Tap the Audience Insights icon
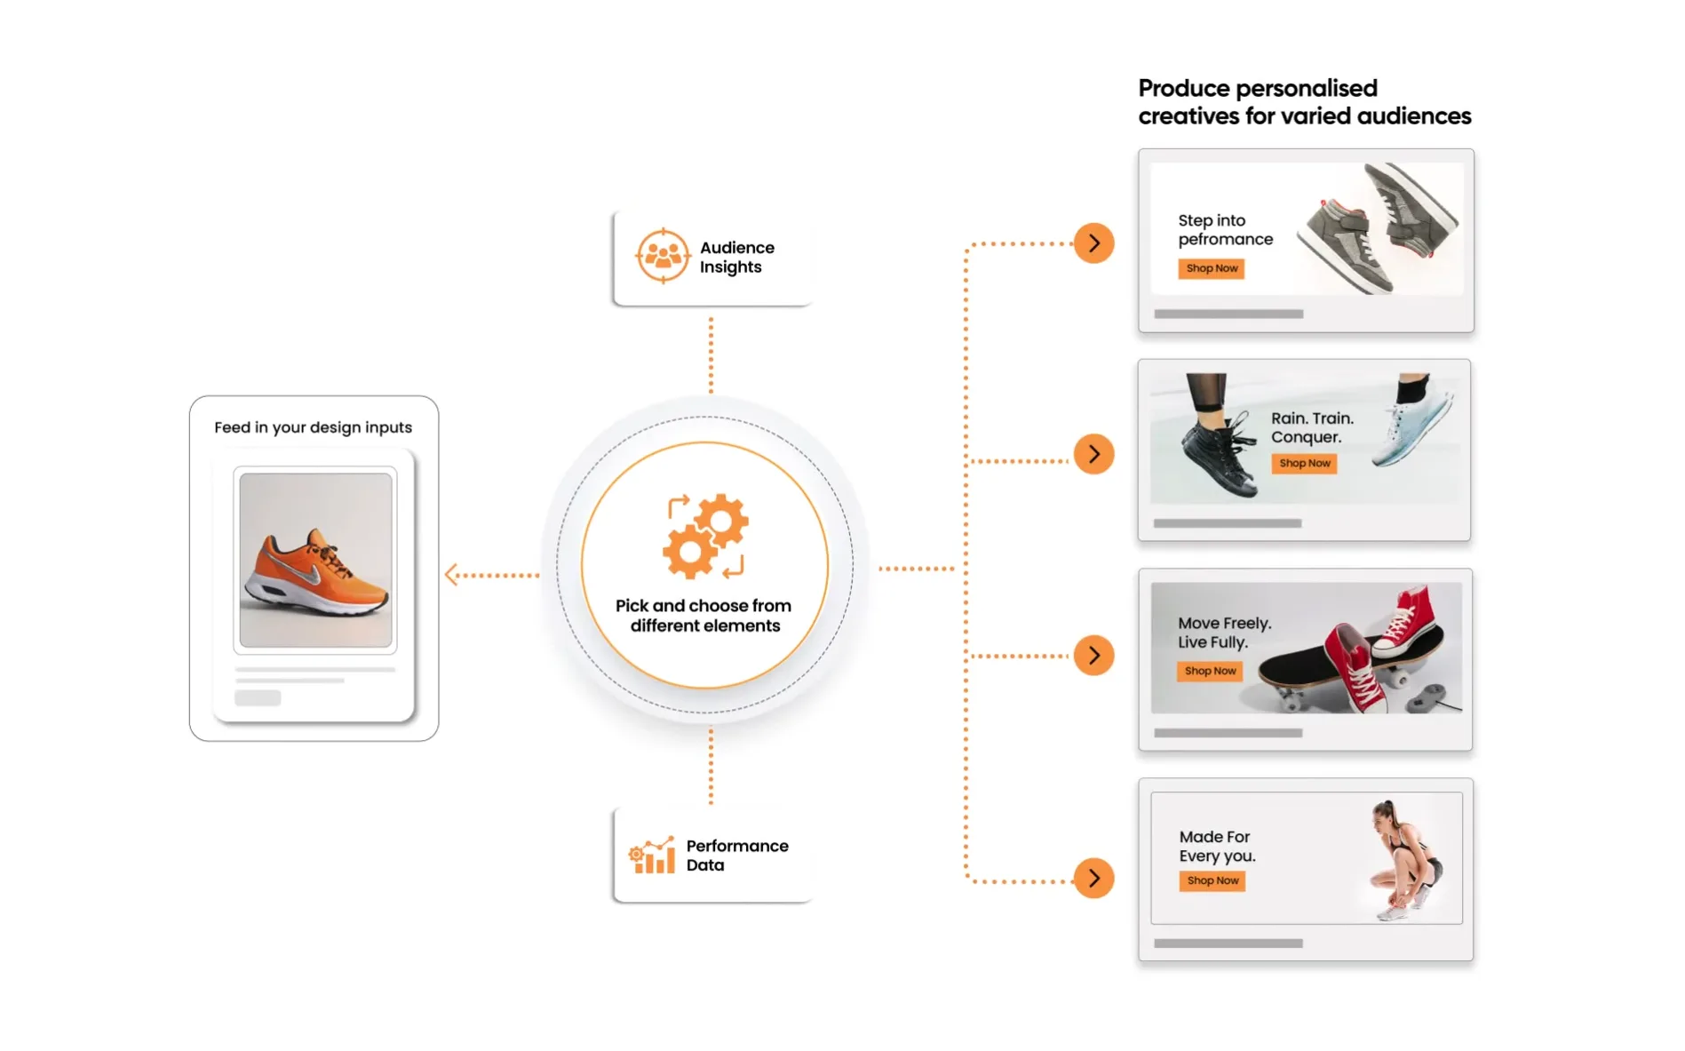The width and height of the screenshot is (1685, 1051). (x=663, y=256)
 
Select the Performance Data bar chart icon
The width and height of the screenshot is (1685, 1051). (x=651, y=855)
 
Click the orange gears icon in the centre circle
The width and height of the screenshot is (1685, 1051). (x=706, y=536)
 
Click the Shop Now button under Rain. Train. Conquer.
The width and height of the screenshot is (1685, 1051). (x=1304, y=463)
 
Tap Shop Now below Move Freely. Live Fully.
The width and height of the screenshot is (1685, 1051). (x=1210, y=671)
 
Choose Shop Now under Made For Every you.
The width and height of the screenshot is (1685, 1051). (x=1212, y=880)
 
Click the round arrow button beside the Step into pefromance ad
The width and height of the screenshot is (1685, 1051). (x=1094, y=243)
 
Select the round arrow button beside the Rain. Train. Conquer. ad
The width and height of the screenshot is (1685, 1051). (x=1094, y=454)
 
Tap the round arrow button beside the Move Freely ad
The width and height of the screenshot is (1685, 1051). (x=1094, y=656)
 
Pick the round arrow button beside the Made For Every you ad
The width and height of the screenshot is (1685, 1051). (x=1094, y=879)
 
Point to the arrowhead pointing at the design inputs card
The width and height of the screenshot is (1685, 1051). (x=449, y=575)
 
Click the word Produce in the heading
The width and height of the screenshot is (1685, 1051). (x=1184, y=88)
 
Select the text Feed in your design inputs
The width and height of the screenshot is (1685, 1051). (x=314, y=427)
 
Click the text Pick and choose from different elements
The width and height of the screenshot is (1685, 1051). (x=704, y=616)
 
